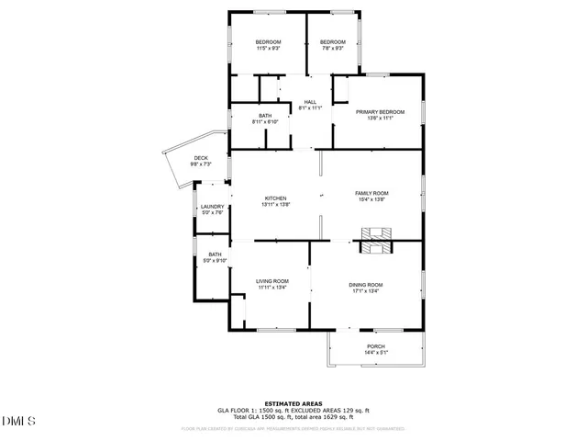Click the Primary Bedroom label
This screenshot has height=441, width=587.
380,111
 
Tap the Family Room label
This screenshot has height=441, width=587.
372,193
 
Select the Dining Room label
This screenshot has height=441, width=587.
365,285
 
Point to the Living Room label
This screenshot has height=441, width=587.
272,281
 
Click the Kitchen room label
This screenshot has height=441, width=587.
276,198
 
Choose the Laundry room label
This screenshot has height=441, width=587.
212,207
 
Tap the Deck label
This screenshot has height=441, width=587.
200,158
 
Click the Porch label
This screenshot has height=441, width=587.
376,346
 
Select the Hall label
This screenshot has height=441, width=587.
310,102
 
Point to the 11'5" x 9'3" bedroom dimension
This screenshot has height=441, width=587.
268,49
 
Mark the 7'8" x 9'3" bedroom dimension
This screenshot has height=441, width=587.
332,49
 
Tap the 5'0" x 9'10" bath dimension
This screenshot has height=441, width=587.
215,261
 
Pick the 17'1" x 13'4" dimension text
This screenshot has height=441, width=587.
365,291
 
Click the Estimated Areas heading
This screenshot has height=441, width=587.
293,403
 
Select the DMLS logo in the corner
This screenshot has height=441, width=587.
17,422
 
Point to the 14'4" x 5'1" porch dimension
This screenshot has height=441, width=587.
376,353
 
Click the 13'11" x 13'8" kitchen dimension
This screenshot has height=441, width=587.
276,205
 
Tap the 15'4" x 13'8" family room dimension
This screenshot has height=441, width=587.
372,199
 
